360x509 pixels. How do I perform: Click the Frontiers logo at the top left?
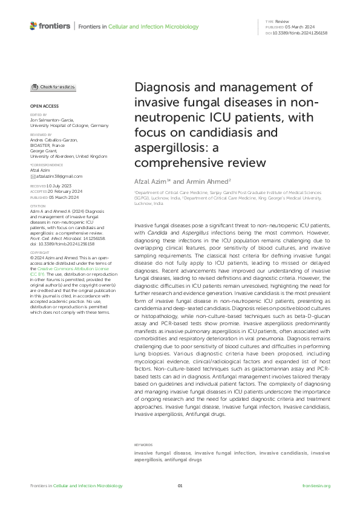49,27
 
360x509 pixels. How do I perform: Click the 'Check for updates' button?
53,87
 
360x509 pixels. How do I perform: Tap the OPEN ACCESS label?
41,106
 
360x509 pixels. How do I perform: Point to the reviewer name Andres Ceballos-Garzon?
54,140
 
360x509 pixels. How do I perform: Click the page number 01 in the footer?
180,486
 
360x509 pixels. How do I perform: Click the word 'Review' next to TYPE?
283,21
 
